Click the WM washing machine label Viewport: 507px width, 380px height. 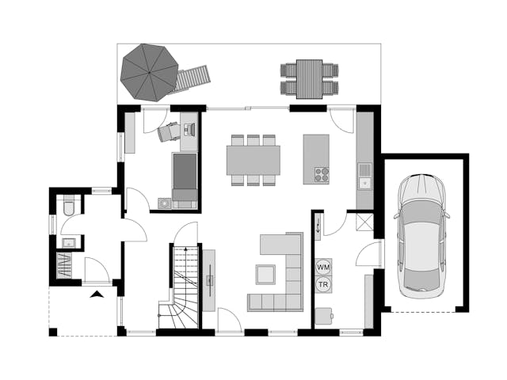[x=323, y=268]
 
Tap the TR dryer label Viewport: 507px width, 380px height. [x=323, y=285]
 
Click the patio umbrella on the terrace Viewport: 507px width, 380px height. [x=150, y=73]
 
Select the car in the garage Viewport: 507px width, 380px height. [x=421, y=236]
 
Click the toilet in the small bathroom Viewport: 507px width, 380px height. [x=69, y=205]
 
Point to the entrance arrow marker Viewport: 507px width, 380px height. [x=97, y=294]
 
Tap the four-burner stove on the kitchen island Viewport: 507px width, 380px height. [x=322, y=175]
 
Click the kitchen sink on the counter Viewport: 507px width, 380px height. [x=364, y=176]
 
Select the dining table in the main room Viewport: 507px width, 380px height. [x=253, y=160]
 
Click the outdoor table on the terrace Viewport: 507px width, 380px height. [x=310, y=79]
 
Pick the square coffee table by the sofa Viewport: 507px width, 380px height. [x=265, y=275]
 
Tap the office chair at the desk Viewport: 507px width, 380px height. [x=168, y=131]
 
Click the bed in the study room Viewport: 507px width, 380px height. [x=185, y=177]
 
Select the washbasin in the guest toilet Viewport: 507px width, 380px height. [x=69, y=243]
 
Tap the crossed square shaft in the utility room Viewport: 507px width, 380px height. [x=364, y=222]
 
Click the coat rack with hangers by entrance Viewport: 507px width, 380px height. [x=64, y=265]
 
